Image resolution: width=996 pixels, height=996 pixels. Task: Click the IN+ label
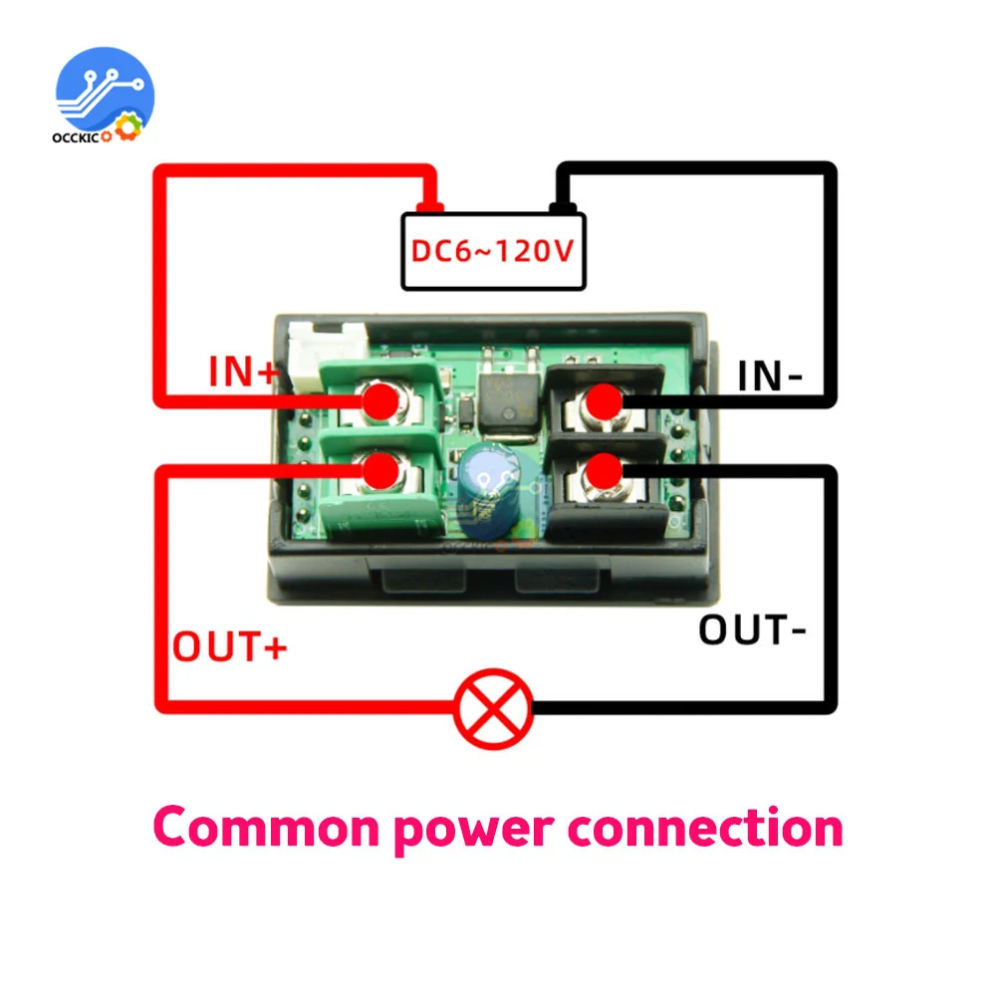(244, 373)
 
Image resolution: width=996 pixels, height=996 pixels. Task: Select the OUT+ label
(230, 646)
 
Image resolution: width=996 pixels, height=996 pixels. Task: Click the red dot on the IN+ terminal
(379, 402)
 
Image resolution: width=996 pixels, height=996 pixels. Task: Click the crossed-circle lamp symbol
(493, 708)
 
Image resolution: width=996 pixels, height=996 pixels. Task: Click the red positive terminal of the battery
(430, 207)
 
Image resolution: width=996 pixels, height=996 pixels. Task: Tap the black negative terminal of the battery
(561, 207)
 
